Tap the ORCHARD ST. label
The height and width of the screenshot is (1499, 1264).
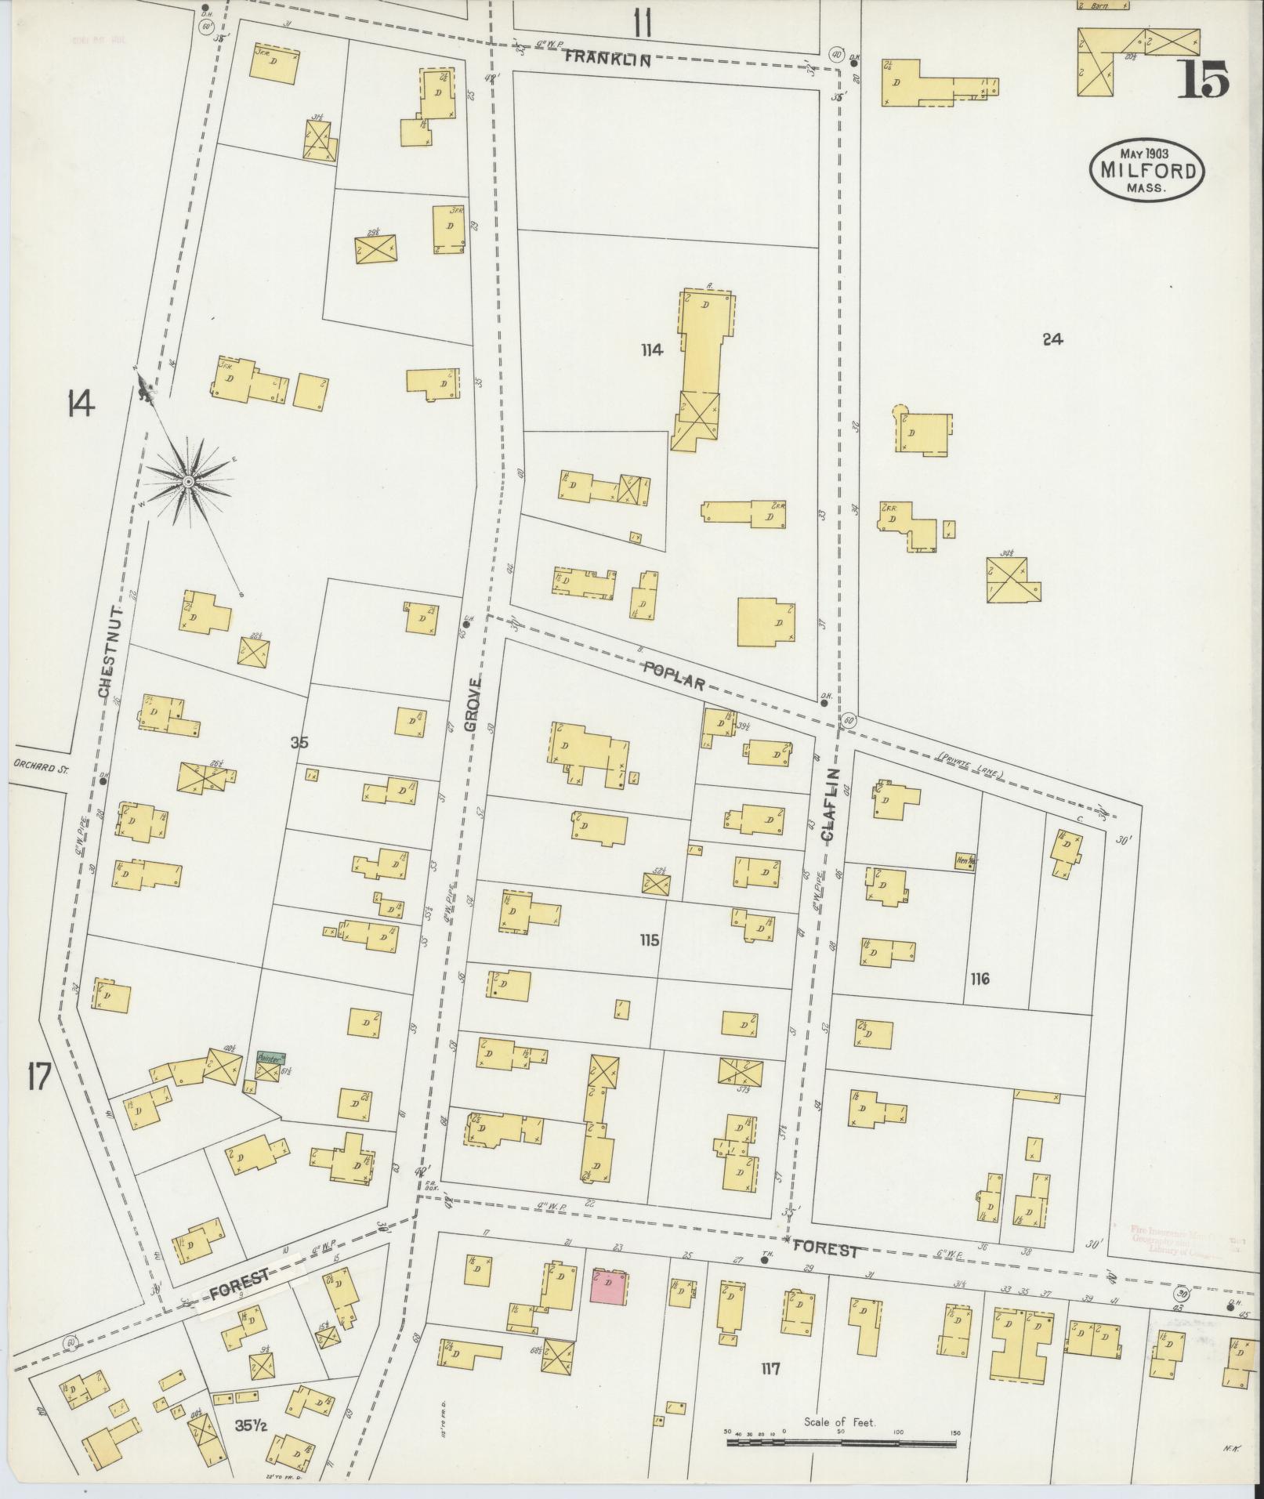pyautogui.click(x=41, y=769)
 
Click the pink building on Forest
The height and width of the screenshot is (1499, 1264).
pyautogui.click(x=610, y=1287)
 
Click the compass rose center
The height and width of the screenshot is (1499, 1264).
pyautogui.click(x=188, y=480)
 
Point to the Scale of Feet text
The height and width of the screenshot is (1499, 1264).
pyautogui.click(x=839, y=1421)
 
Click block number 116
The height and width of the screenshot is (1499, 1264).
pyautogui.click(x=979, y=979)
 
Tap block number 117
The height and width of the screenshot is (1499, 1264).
pyautogui.click(x=770, y=1369)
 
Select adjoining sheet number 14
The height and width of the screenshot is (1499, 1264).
pyautogui.click(x=80, y=404)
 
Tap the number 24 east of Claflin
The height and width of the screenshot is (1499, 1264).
pyautogui.click(x=1052, y=339)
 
